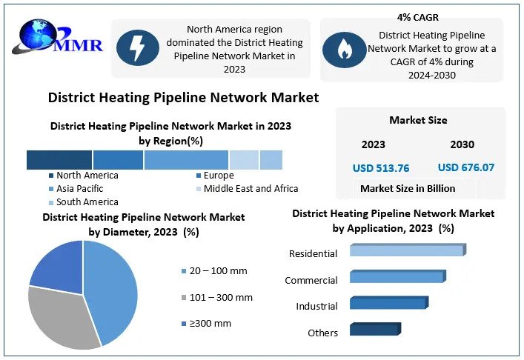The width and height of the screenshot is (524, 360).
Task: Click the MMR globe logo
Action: point(57,37)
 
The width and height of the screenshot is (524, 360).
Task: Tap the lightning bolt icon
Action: point(137,47)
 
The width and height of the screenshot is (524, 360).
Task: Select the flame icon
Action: point(344,50)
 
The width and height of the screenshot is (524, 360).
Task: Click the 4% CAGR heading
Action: point(418,17)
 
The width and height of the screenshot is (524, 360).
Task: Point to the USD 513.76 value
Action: point(381,168)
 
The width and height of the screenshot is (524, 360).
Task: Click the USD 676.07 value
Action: point(466,167)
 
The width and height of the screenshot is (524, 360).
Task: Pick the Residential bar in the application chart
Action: point(408,250)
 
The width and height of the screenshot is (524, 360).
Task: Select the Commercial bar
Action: point(398,276)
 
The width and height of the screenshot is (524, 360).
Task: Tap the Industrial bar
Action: point(389,302)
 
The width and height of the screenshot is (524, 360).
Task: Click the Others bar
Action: point(375,329)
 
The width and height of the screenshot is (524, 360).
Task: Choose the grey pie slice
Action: point(60,317)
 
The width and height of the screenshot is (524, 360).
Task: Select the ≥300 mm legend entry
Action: point(206,323)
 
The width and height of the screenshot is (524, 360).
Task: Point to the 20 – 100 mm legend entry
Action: point(214,271)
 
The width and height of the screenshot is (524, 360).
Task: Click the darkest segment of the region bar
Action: point(59,160)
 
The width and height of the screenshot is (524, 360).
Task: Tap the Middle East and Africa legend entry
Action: point(248,189)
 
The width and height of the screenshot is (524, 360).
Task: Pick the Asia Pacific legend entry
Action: point(76,189)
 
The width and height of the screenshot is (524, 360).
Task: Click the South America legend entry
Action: point(83,202)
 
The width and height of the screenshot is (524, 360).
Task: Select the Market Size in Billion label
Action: point(408,188)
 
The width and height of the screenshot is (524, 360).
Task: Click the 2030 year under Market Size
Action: point(462,144)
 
